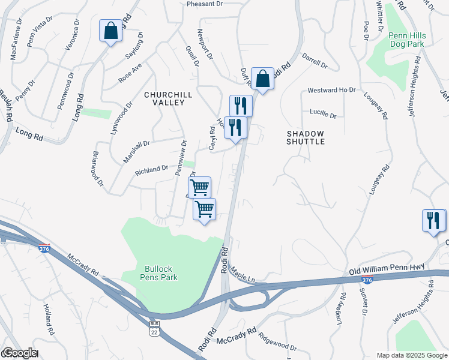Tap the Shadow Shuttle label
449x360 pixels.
pos(306,137)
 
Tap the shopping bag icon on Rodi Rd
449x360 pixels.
pos(262,77)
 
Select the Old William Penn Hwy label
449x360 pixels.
pos(385,271)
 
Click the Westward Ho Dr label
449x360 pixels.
pos(331,90)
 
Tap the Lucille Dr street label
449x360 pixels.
pos(323,112)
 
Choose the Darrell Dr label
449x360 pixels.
pos(315,62)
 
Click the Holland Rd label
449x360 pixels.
pos(49,319)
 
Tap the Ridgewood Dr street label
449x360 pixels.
pos(277,342)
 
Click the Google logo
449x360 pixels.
pos(19,353)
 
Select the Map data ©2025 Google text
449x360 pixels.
pos(411,355)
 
